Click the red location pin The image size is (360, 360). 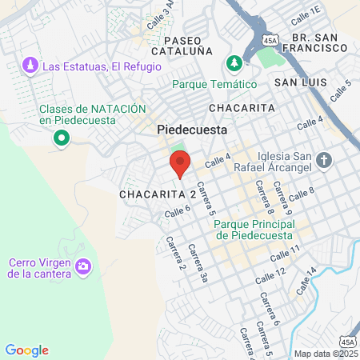click(179, 164)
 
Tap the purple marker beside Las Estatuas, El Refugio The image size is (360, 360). click(30, 64)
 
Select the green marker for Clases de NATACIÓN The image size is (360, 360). click(61, 140)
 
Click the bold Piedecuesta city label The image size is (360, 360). click(192, 129)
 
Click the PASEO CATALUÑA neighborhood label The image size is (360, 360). click(188, 46)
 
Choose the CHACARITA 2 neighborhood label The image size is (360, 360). click(158, 194)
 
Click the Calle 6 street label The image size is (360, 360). click(178, 211)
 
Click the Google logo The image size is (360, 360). click(27, 350)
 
